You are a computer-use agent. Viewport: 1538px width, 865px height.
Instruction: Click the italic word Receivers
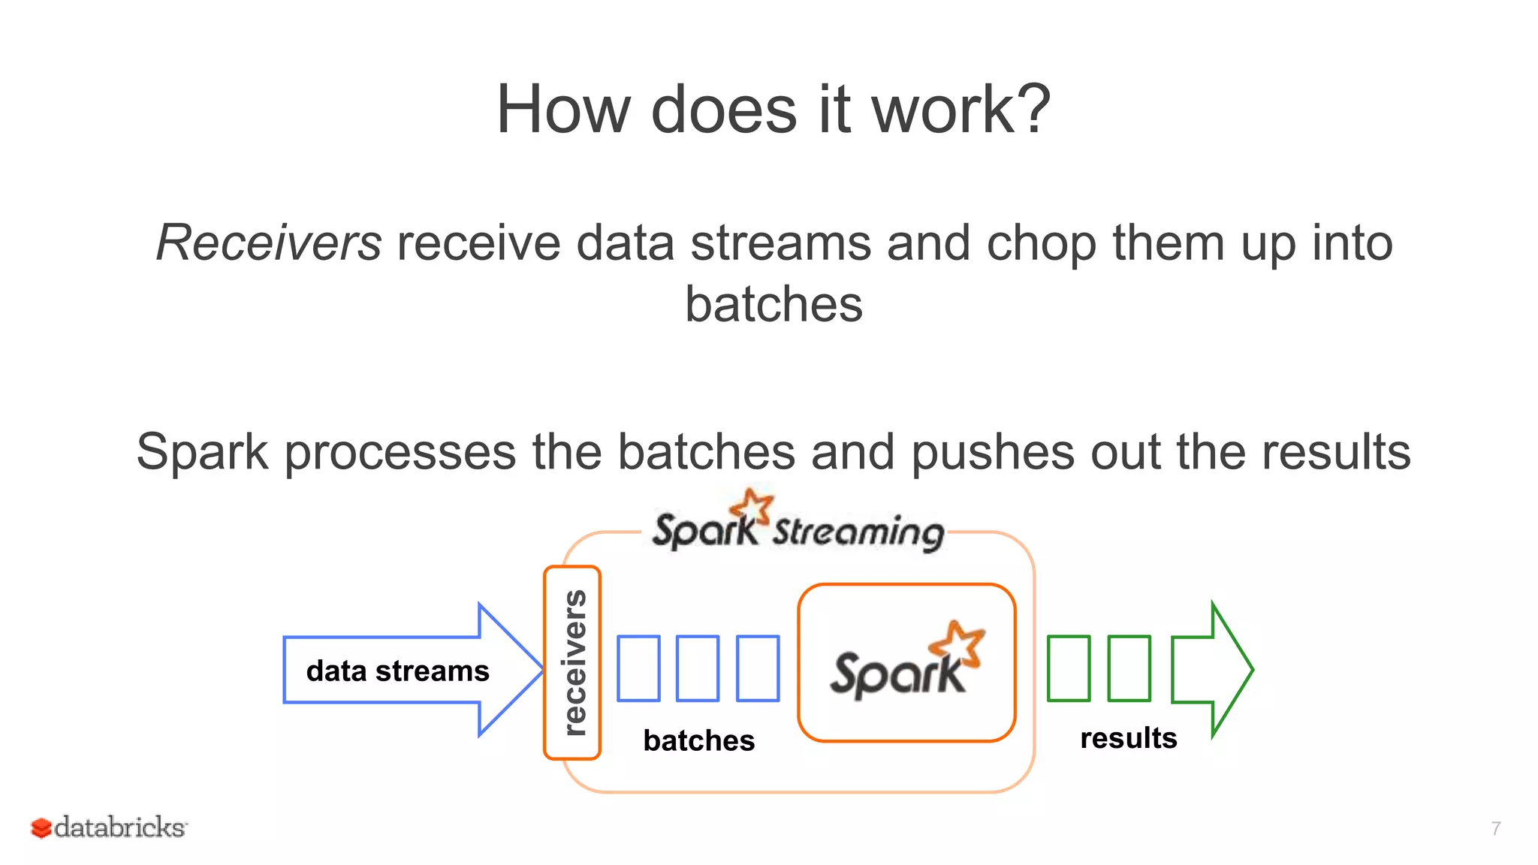[269, 244]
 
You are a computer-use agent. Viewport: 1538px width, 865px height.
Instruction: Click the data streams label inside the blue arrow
[397, 671]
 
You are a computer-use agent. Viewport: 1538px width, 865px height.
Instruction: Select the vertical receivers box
[572, 663]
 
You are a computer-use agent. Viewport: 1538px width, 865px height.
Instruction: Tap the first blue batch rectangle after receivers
[638, 668]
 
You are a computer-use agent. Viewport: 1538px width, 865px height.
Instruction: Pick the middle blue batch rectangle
[698, 668]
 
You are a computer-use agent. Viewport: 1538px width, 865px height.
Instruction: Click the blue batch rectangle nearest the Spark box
[758, 668]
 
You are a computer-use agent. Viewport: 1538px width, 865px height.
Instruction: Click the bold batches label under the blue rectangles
[698, 741]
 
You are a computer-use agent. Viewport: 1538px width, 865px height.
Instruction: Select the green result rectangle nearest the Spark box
[1069, 668]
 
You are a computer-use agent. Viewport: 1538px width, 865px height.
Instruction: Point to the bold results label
[1128, 738]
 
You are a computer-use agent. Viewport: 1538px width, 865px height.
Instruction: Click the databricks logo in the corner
[110, 827]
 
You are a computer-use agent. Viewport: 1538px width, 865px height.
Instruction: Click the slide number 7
[1496, 828]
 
